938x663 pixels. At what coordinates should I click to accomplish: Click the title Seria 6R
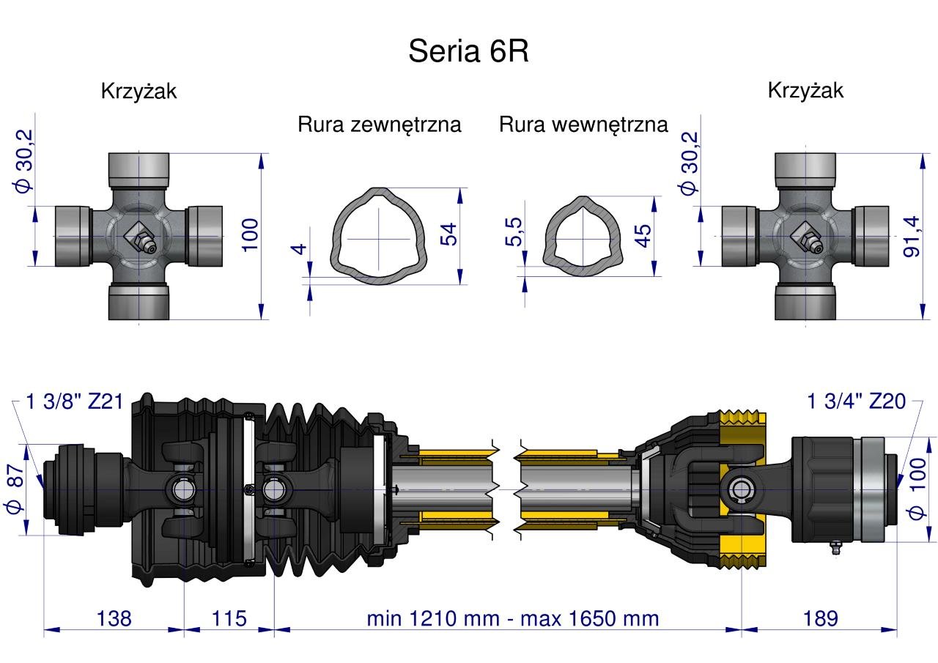(x=468, y=51)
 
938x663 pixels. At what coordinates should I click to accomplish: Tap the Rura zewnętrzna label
(x=379, y=125)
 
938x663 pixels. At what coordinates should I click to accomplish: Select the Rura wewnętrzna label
(x=583, y=125)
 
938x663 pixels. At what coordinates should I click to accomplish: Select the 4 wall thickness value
(x=298, y=249)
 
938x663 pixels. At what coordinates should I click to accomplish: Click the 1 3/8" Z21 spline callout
(x=74, y=401)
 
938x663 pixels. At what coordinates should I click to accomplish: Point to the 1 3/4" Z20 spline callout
(x=856, y=401)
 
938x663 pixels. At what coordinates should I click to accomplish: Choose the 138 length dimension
(x=114, y=618)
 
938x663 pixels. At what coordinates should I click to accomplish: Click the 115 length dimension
(x=229, y=618)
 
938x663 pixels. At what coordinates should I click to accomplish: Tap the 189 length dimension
(x=820, y=618)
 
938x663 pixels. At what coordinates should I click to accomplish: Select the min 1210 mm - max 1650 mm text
(x=513, y=618)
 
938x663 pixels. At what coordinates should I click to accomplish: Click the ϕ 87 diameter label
(x=16, y=491)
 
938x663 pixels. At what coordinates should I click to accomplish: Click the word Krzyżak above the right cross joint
(x=805, y=90)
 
